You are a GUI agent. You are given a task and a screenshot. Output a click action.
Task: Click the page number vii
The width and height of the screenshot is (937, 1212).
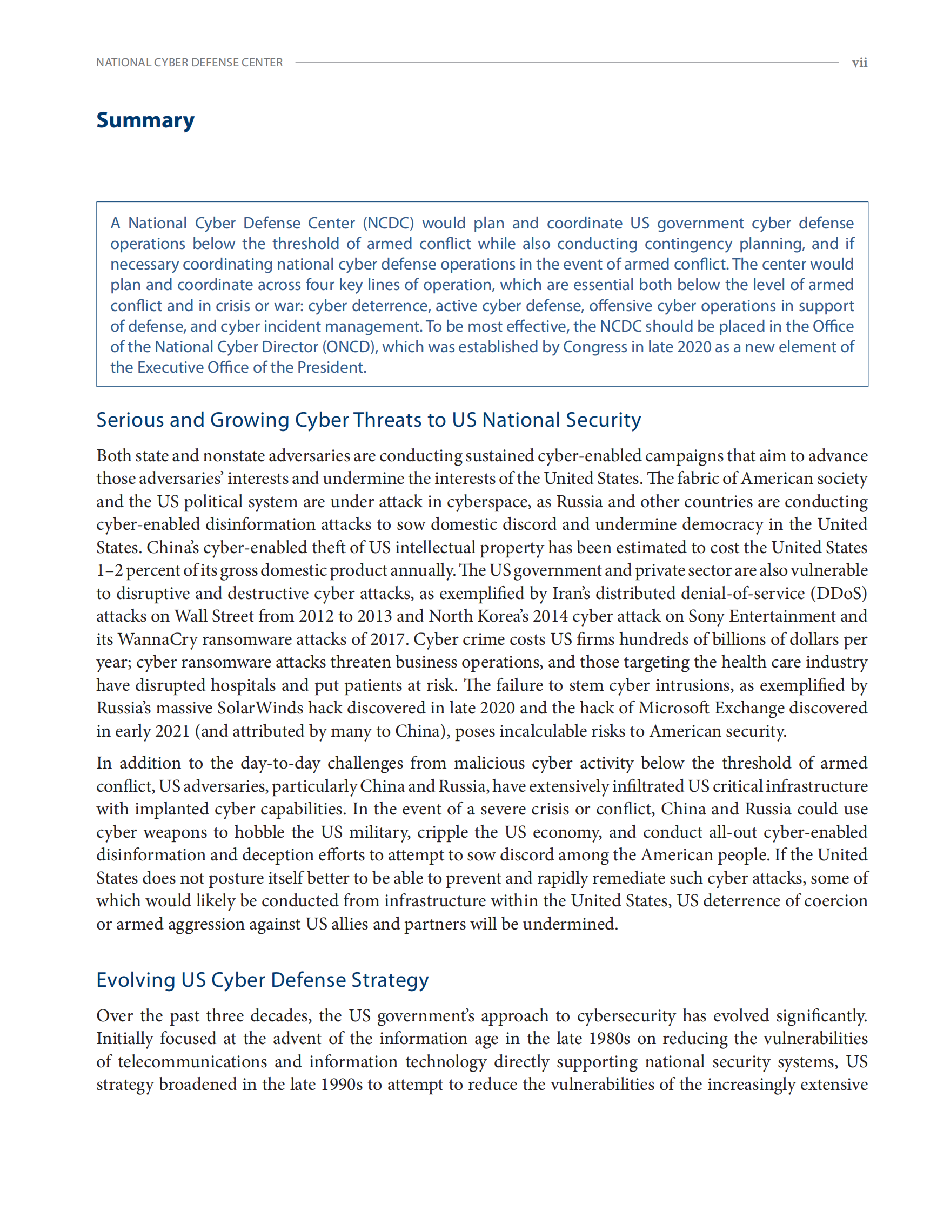point(859,63)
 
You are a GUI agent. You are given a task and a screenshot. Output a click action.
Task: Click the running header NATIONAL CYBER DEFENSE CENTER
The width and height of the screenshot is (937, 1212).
point(189,63)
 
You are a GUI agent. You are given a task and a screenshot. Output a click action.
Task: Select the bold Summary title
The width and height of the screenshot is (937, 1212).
point(145,120)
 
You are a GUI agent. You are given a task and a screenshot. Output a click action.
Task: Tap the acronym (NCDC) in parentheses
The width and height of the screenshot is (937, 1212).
point(388,223)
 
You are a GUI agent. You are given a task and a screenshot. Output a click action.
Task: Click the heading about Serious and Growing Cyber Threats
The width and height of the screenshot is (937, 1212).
point(369,420)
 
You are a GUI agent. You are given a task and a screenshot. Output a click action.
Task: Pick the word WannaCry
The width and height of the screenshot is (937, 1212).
point(158,639)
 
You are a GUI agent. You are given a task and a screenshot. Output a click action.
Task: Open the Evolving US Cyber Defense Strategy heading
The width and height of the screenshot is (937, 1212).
point(262,980)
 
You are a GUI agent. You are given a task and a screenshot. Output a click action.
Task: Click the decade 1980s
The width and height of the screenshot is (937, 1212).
point(609,1038)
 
